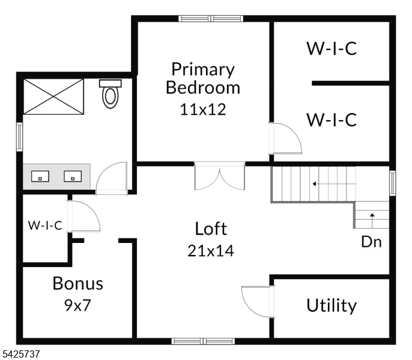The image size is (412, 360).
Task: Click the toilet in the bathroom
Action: click(x=111, y=94)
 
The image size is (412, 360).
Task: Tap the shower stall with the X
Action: click(x=53, y=97)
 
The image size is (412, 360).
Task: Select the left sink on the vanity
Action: click(x=40, y=176)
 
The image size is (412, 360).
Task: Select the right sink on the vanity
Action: click(x=73, y=176)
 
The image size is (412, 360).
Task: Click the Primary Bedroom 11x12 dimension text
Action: click(x=203, y=109)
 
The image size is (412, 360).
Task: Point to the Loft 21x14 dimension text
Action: click(x=211, y=251)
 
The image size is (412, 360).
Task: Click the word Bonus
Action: click(x=78, y=283)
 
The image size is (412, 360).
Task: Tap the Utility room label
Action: click(x=332, y=305)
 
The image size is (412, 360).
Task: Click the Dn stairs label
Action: click(x=371, y=242)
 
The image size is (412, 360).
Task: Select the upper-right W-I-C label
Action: click(x=332, y=49)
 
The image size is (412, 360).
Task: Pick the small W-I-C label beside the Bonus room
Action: click(x=45, y=225)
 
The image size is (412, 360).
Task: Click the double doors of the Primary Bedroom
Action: click(x=220, y=176)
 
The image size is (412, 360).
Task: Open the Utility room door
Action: click(x=258, y=302)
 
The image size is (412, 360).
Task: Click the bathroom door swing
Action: click(x=112, y=179)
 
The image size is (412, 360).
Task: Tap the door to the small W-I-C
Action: click(x=83, y=217)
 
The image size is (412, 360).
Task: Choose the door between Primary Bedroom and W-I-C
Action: click(x=285, y=138)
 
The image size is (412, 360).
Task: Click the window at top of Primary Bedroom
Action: click(x=211, y=19)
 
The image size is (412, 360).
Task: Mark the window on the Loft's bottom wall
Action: click(x=203, y=341)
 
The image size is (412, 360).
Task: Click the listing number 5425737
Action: click(x=20, y=353)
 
